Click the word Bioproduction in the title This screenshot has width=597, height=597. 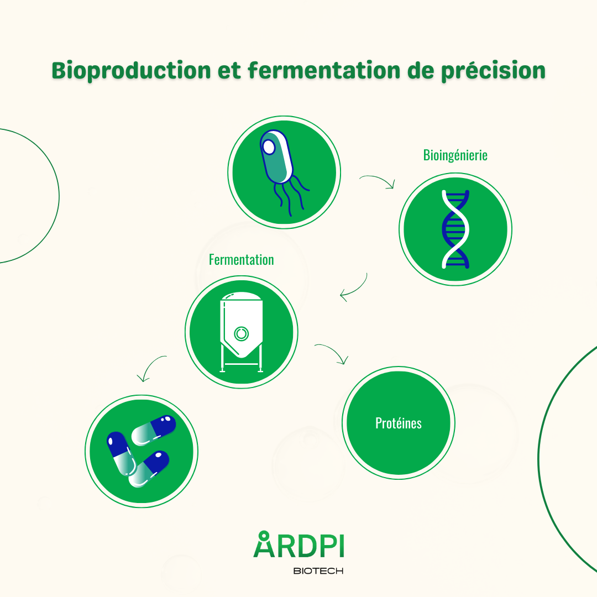tap(131, 71)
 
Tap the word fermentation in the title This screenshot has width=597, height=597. tap(323, 71)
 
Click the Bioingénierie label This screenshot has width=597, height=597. tap(455, 155)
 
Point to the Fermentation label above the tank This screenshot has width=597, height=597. tap(241, 260)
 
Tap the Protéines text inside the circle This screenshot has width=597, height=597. tap(398, 423)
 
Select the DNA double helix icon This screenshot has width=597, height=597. tap(455, 229)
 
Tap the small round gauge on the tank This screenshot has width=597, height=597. tap(241, 333)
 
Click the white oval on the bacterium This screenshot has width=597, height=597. tap(269, 147)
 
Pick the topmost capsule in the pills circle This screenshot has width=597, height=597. tap(154, 430)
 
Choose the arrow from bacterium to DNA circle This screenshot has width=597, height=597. tap(377, 182)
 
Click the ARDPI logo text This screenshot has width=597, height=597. tap(298, 545)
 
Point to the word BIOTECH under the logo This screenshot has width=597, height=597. tap(318, 570)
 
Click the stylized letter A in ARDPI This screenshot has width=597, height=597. tap(264, 544)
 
